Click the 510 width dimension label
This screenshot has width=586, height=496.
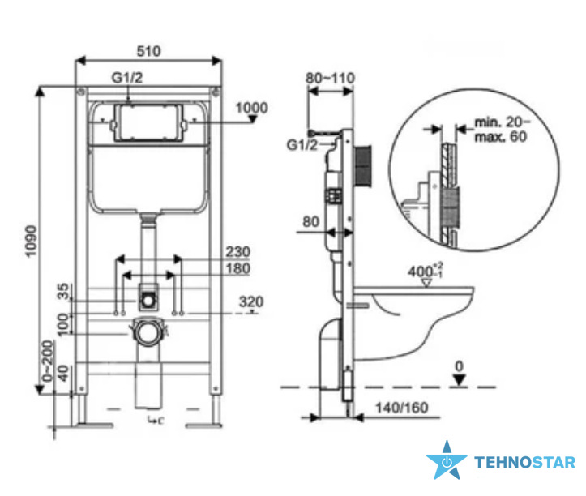[149, 51]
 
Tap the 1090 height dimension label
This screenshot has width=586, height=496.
[31, 241]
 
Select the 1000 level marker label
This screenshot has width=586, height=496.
[251, 108]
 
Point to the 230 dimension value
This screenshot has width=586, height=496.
[238, 251]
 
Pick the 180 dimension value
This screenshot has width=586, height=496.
[238, 268]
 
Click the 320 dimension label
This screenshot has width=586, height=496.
[251, 301]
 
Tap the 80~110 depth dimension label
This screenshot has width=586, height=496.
[330, 78]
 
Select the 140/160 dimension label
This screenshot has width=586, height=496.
[402, 408]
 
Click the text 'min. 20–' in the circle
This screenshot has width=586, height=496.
[502, 122]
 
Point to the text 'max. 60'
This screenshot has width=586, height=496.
[500, 136]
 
